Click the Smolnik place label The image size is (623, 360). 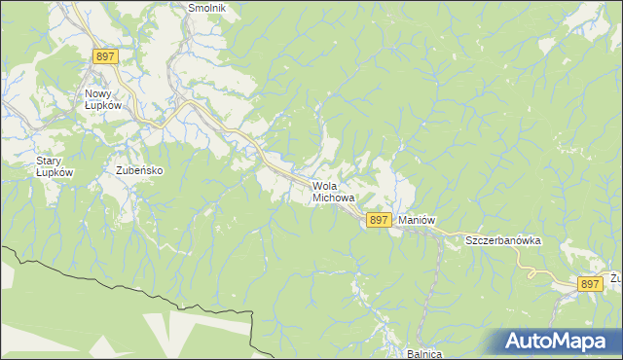tap(206, 8)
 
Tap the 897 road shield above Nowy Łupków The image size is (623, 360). tap(106, 56)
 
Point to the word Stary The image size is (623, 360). tap(50, 161)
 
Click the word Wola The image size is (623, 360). tap(326, 186)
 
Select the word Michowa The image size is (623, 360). tap(334, 198)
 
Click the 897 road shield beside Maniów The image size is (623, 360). tap(380, 221)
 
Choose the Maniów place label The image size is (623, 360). tap(416, 221)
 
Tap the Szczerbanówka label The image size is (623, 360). tap(502, 240)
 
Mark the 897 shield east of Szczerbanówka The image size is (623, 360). tap(589, 283)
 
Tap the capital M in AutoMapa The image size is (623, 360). tap(563, 342)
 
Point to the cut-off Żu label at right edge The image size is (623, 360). tap(615, 278)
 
